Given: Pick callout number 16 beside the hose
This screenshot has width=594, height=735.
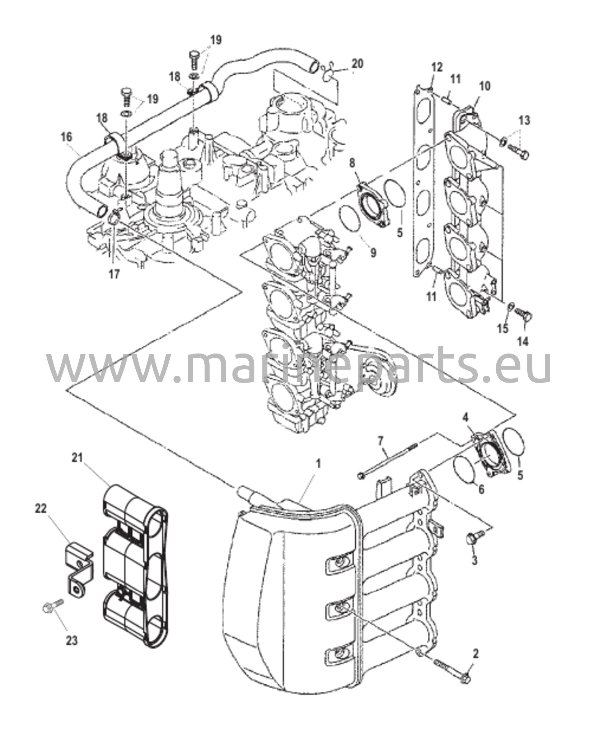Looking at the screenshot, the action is [66, 137].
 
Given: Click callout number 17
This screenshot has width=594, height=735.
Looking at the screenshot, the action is [114, 274].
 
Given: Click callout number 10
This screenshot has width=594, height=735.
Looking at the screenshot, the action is [484, 86].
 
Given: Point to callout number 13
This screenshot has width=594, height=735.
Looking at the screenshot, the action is [524, 120].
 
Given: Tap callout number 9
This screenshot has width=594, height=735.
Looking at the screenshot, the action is [373, 253].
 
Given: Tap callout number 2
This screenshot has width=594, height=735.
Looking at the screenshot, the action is [476, 654].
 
